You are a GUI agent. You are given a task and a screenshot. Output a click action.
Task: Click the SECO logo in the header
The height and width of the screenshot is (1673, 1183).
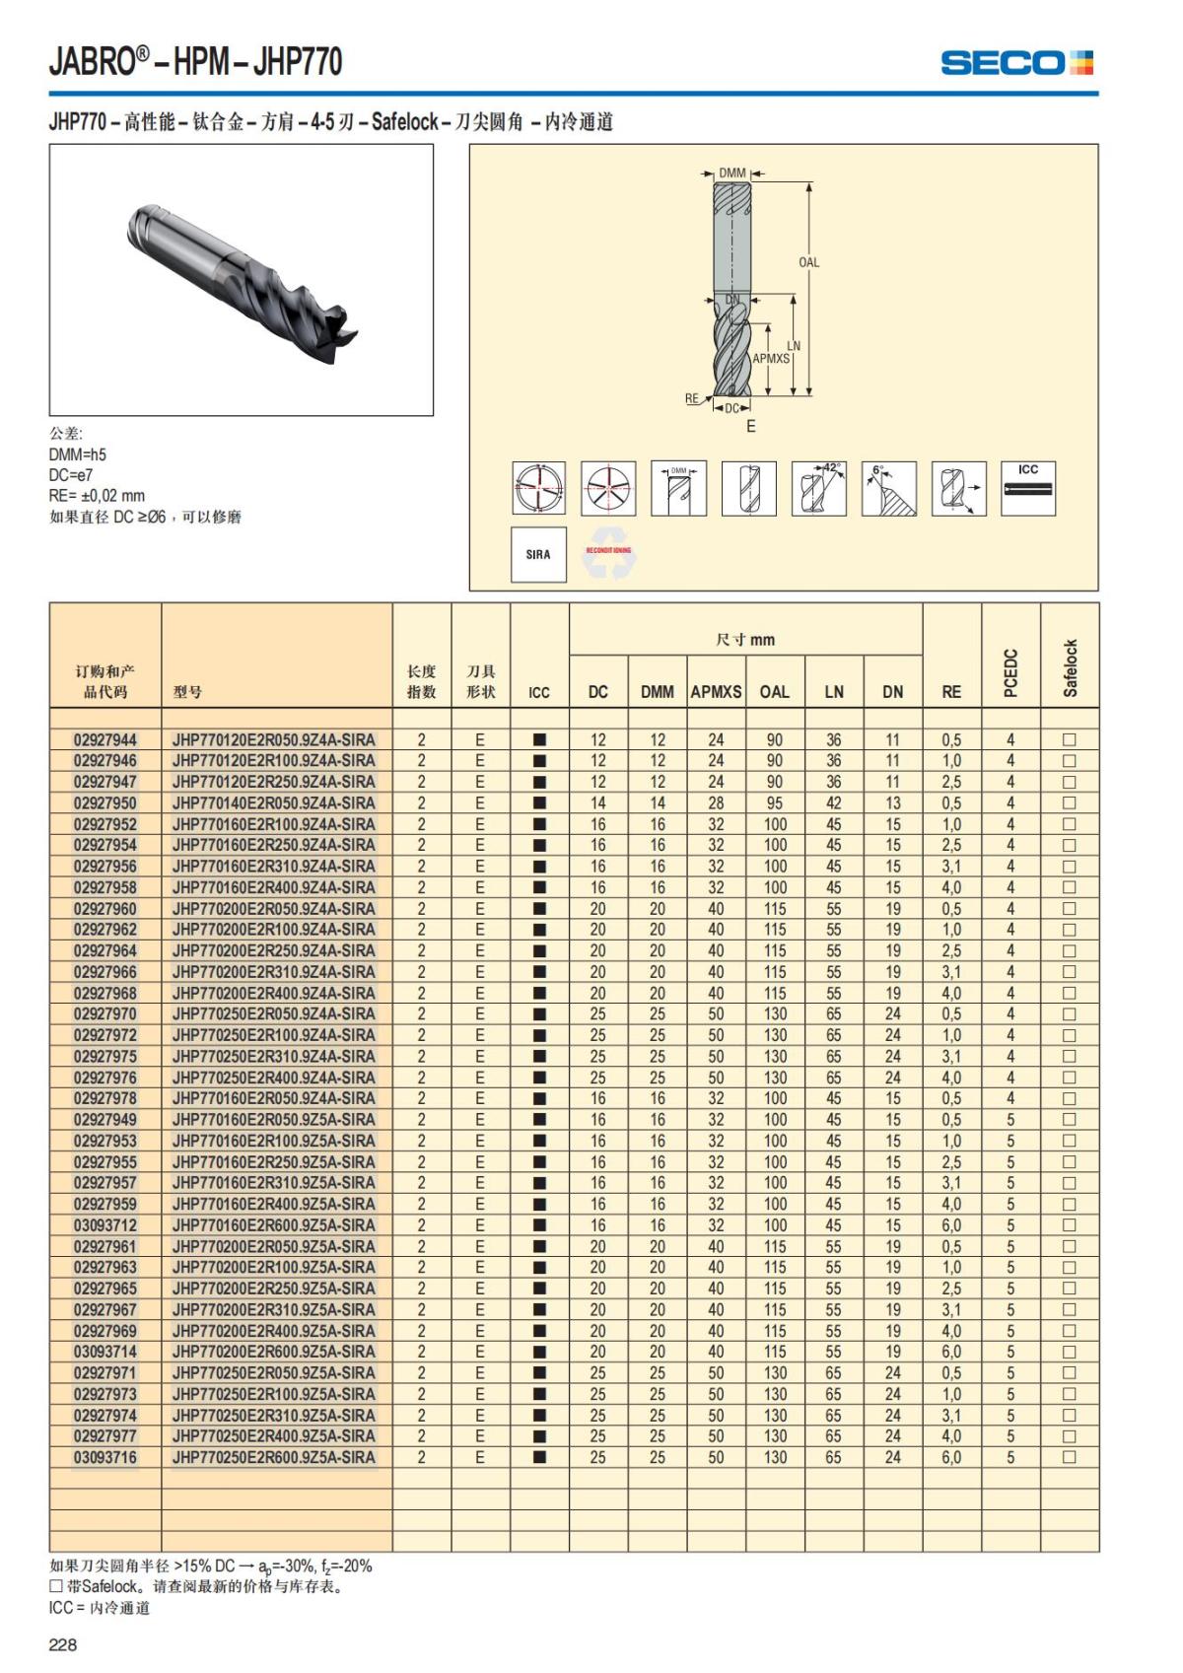point(1016,63)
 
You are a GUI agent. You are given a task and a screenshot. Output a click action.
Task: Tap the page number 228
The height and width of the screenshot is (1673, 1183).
point(63,1644)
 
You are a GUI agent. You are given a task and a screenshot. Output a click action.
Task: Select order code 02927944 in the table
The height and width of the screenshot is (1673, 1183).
point(105,739)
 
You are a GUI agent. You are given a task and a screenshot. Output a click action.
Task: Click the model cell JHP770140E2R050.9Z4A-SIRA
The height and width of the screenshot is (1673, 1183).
point(273,802)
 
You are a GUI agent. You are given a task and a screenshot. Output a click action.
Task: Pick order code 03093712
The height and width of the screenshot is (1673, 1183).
point(105,1225)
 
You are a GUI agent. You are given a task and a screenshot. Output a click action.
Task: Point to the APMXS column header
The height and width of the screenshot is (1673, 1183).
point(716,692)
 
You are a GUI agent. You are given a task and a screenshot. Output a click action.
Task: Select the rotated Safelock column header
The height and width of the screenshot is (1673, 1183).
point(1071,668)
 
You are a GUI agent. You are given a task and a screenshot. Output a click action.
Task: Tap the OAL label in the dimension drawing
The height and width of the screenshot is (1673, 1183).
point(808,262)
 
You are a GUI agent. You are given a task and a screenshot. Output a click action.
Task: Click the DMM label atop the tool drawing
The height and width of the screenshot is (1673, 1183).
point(732,174)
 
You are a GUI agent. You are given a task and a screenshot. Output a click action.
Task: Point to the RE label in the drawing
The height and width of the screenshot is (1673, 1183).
point(692,399)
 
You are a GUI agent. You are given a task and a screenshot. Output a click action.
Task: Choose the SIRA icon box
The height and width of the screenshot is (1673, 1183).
point(538,554)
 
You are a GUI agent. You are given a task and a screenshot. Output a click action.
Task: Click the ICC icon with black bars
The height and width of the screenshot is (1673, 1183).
point(1028,488)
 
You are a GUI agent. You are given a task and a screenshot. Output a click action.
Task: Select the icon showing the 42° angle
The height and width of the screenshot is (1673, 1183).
point(818,488)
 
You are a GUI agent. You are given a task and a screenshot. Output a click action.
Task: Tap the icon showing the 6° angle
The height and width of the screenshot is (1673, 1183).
point(888,488)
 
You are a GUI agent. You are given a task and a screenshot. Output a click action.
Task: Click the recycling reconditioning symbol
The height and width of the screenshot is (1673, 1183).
point(608,555)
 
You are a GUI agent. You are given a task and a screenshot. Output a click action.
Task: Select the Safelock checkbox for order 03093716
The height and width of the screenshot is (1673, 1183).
point(1070,1457)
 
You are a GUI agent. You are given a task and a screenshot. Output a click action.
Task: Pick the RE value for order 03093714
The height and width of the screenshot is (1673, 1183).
point(951,1352)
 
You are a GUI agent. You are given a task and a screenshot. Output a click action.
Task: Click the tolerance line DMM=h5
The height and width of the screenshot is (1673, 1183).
point(78,454)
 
